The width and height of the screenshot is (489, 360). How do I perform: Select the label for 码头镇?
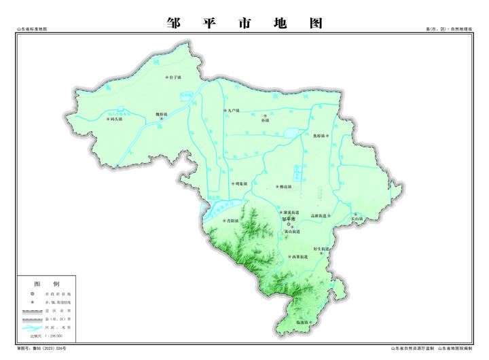[115, 119]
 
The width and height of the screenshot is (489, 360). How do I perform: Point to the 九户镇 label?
[232, 110]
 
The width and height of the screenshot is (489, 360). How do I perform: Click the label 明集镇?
[238, 183]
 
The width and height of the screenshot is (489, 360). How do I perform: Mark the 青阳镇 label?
[233, 221]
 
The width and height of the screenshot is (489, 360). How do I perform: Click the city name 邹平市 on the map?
[289, 219]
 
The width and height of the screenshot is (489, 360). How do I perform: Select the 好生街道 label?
[321, 249]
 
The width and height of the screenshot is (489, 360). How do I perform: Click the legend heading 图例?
[47, 283]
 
